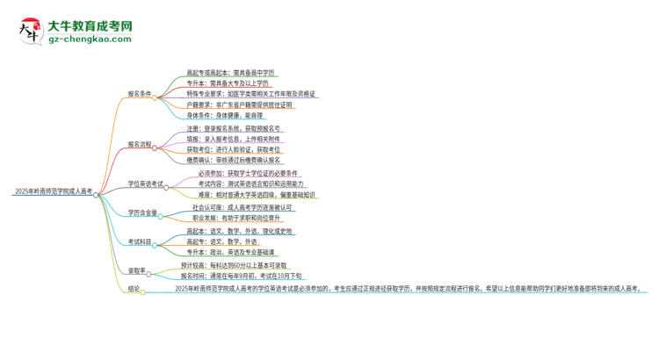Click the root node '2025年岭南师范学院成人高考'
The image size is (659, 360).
click(54, 190)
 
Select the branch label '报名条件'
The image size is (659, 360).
click(139, 93)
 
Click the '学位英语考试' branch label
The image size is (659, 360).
click(146, 184)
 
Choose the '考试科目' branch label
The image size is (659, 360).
click(139, 241)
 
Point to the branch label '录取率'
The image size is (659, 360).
click(136, 270)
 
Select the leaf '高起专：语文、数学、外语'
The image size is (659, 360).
click(221, 241)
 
